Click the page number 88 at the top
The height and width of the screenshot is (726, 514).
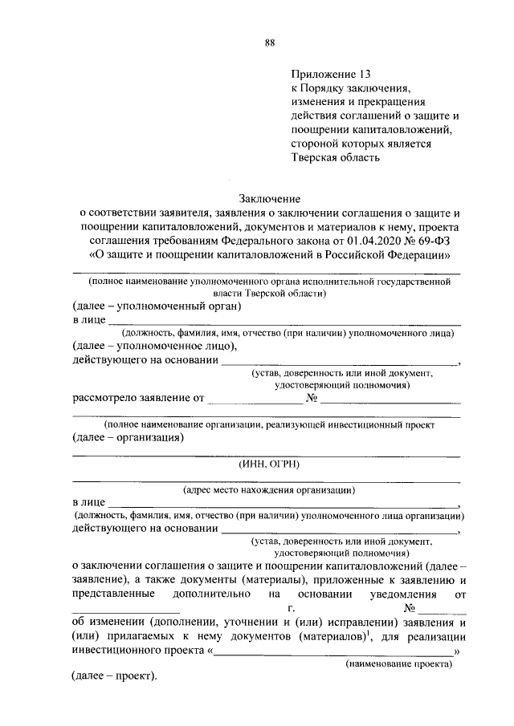(x=270, y=43)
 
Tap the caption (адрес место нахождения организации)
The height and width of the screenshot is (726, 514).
(x=268, y=490)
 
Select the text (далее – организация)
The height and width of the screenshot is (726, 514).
(x=128, y=438)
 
